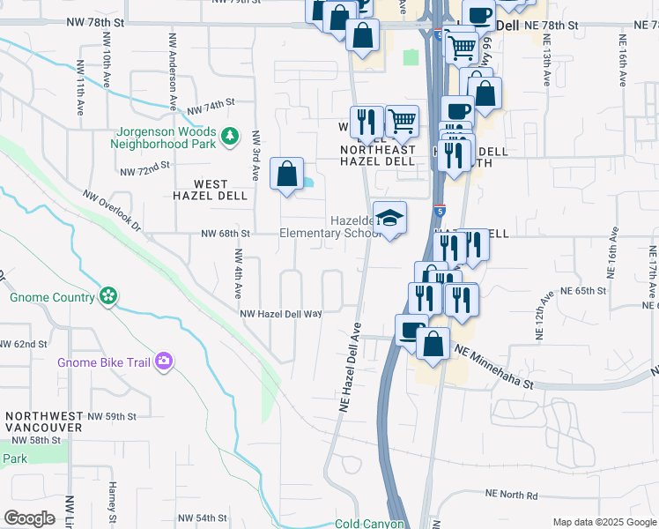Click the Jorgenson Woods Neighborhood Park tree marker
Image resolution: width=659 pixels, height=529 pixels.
pyautogui.click(x=230, y=136)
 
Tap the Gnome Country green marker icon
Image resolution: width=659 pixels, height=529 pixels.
pyautogui.click(x=108, y=296)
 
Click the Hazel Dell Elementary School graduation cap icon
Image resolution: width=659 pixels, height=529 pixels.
pyautogui.click(x=389, y=217)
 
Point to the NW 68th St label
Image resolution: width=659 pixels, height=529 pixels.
pyautogui.click(x=226, y=234)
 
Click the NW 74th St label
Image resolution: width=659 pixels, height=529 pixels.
pyautogui.click(x=211, y=108)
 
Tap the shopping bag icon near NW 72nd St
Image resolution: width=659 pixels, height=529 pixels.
pyautogui.click(x=287, y=173)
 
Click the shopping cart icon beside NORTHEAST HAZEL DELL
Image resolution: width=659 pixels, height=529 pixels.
pyautogui.click(x=402, y=121)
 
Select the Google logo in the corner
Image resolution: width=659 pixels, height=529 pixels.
pyautogui.click(x=28, y=518)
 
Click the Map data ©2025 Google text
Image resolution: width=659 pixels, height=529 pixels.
pyautogui.click(x=603, y=522)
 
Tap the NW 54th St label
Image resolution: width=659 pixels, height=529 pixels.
pyautogui.click(x=203, y=518)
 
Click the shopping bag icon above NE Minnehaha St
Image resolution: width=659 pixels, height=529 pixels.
pyautogui.click(x=433, y=343)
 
